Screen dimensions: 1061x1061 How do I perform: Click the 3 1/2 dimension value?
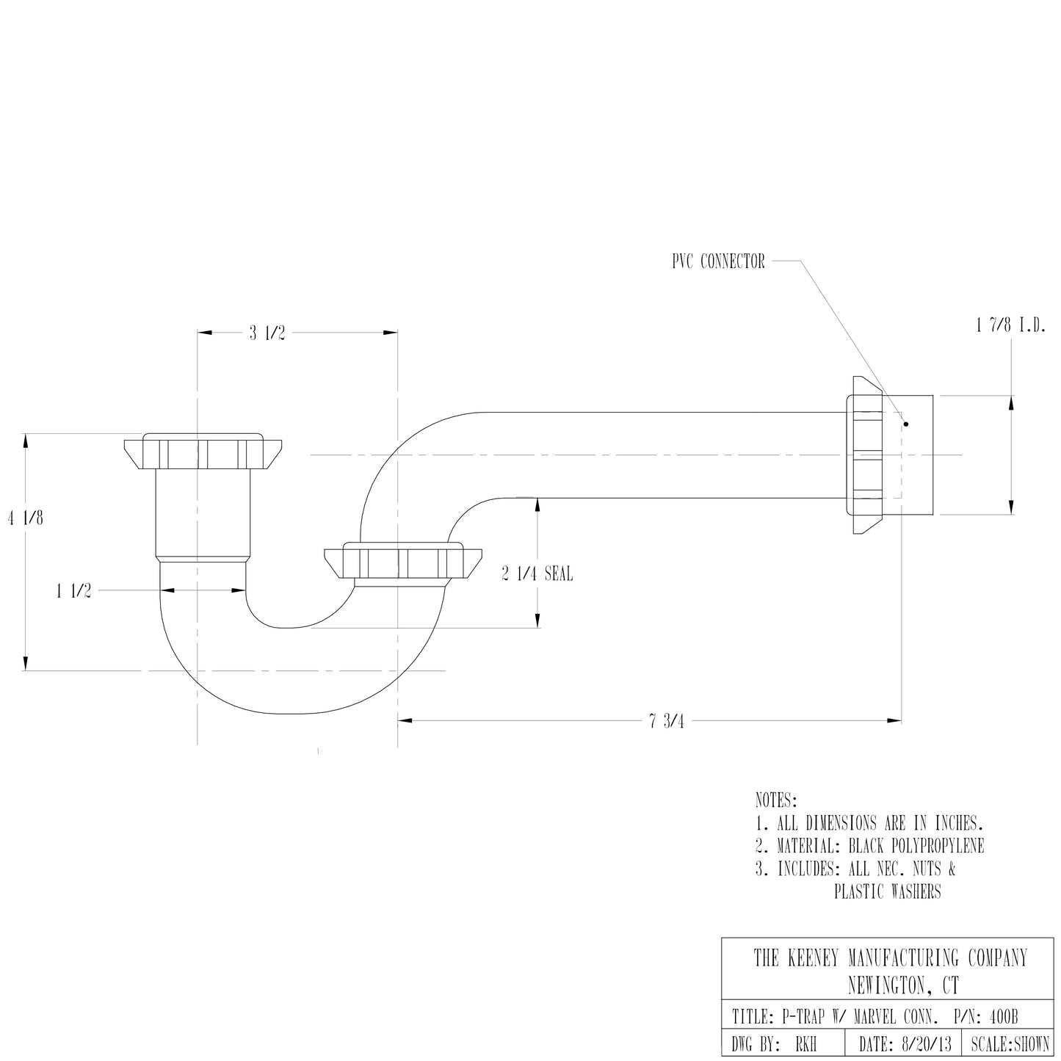pyautogui.click(x=267, y=333)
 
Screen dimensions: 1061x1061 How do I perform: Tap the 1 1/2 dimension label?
pyautogui.click(x=74, y=591)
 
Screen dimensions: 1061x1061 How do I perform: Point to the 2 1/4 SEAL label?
pyautogui.click(x=537, y=574)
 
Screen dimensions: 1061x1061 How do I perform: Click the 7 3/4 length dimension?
pyautogui.click(x=666, y=721)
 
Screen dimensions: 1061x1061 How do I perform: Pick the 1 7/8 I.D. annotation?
pyautogui.click(x=1011, y=326)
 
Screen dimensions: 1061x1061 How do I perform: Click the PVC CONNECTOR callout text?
pyautogui.click(x=718, y=261)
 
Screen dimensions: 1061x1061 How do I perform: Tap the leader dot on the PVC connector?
pyautogui.click(x=906, y=424)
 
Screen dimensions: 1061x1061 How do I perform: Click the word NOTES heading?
pyautogui.click(x=775, y=799)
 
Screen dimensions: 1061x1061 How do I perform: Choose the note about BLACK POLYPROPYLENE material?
pyautogui.click(x=869, y=846)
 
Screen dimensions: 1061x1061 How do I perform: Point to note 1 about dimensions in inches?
pyautogui.click(x=869, y=822)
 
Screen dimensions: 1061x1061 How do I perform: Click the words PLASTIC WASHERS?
pyautogui.click(x=887, y=892)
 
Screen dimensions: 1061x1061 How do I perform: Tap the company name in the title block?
pyautogui.click(x=890, y=958)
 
